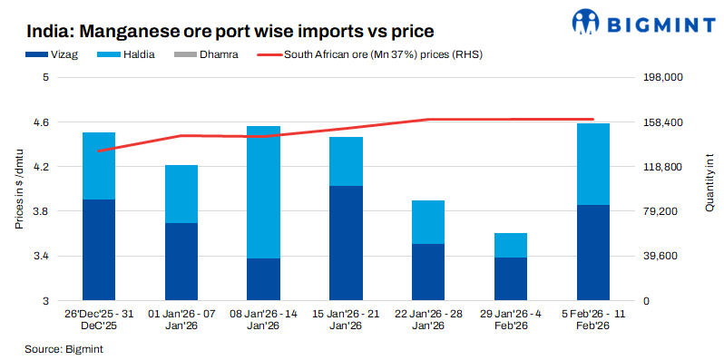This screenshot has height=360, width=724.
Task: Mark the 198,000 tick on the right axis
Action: tap(661, 78)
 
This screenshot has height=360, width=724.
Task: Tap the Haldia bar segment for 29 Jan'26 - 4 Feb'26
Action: tap(511, 245)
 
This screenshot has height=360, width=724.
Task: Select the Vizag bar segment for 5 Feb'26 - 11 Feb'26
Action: tap(593, 253)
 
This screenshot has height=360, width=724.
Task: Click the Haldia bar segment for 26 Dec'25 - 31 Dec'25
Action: tap(99, 166)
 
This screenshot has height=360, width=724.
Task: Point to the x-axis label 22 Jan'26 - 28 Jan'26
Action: tap(428, 318)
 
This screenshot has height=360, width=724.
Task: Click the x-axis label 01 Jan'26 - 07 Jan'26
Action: tap(181, 318)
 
